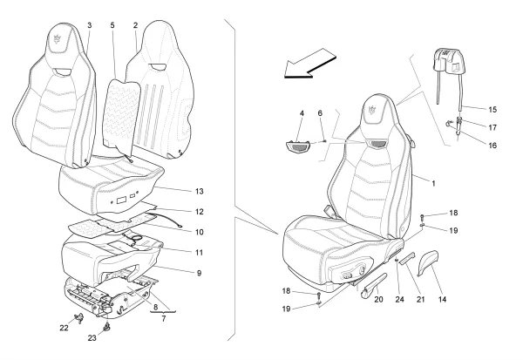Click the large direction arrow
(x=309, y=64)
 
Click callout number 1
(x=433, y=184)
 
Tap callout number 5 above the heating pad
(x=112, y=25)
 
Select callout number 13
(x=199, y=192)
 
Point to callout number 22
(x=64, y=328)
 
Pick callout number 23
(x=92, y=338)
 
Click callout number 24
(x=399, y=299)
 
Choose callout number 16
(x=492, y=146)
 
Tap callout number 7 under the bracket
(x=164, y=319)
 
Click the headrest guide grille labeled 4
(x=298, y=146)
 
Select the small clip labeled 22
(x=79, y=318)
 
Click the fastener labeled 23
(x=107, y=327)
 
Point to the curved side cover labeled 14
(x=427, y=263)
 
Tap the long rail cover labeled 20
(x=374, y=286)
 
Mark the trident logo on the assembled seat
(x=372, y=110)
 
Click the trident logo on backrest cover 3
(x=58, y=38)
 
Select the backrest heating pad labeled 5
(x=121, y=115)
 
